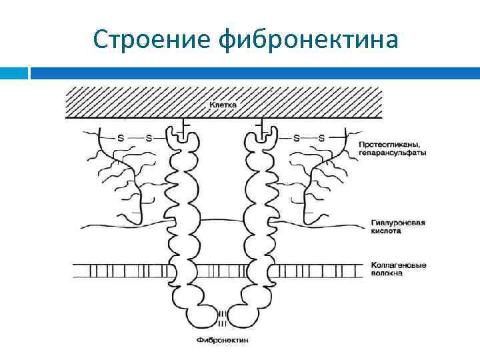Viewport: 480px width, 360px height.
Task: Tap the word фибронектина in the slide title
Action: click(x=309, y=40)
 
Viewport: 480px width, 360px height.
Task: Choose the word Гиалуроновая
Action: click(x=397, y=223)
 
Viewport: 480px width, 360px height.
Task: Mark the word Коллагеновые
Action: click(x=397, y=265)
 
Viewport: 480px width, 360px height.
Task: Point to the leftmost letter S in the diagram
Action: click(x=121, y=138)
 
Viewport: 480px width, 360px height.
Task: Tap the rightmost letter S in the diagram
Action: click(x=322, y=138)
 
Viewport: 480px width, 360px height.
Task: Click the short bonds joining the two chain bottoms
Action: click(x=223, y=317)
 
